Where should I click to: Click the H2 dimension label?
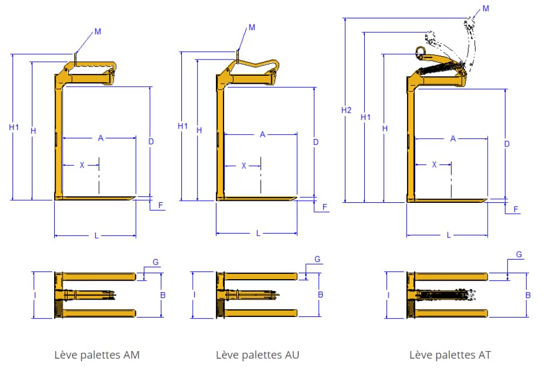point(346,110)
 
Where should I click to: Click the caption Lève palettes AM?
point(97,355)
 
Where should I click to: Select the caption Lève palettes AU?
point(258,355)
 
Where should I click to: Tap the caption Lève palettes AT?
point(450,355)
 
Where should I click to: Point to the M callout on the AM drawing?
point(98,31)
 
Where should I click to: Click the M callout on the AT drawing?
point(486,9)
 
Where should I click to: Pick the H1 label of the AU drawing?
point(183,126)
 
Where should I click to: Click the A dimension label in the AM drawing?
point(101,138)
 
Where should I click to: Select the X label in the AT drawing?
point(434,164)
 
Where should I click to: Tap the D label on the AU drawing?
point(316,142)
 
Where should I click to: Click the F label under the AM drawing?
point(161,206)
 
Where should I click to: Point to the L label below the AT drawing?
point(449,235)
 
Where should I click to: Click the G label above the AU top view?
point(317,259)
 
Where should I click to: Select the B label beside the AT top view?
point(528,295)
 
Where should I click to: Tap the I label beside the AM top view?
point(35,295)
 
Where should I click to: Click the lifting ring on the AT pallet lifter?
point(421,52)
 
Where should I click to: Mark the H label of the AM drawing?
point(34,131)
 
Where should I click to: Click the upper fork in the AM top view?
point(99,276)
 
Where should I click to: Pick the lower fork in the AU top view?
point(261,313)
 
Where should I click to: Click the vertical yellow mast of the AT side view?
point(411,138)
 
